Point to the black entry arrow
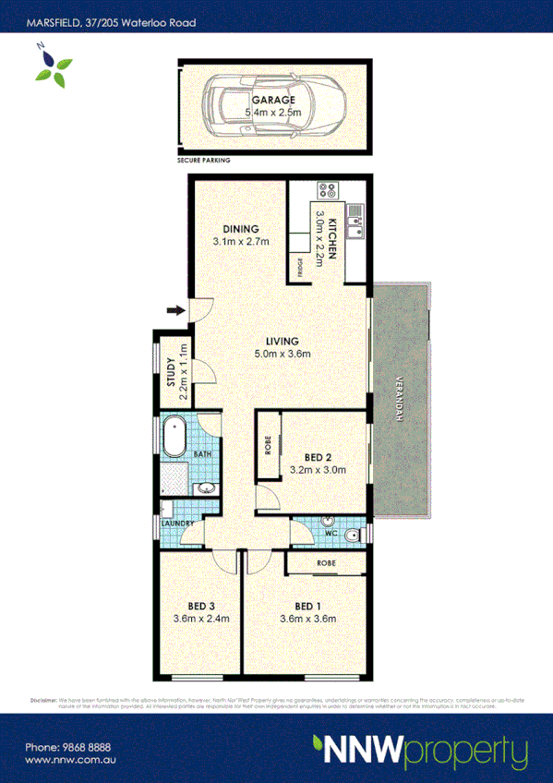(174, 310)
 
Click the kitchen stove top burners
(327, 192)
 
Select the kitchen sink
(355, 219)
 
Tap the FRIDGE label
(300, 267)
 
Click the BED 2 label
(318, 456)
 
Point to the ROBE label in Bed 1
(326, 562)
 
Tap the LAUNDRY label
(176, 524)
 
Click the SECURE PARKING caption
(204, 160)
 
